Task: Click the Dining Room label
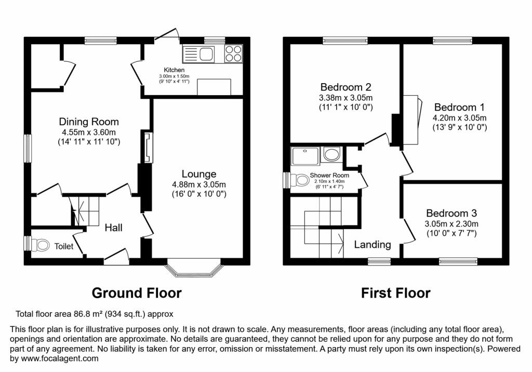(89, 122)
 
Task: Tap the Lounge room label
(199, 174)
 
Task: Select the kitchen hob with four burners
(233, 54)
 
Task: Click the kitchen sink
(198, 54)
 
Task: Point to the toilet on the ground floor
(39, 244)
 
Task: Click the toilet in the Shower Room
(299, 180)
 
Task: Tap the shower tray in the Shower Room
(304, 156)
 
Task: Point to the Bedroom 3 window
(458, 261)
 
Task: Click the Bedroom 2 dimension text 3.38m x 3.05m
(345, 98)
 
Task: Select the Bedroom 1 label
(459, 107)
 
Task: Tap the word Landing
(373, 244)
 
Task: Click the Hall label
(114, 228)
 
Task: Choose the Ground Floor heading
(137, 293)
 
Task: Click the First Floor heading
(395, 293)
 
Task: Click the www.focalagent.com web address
(60, 358)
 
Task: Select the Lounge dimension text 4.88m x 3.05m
(199, 185)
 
